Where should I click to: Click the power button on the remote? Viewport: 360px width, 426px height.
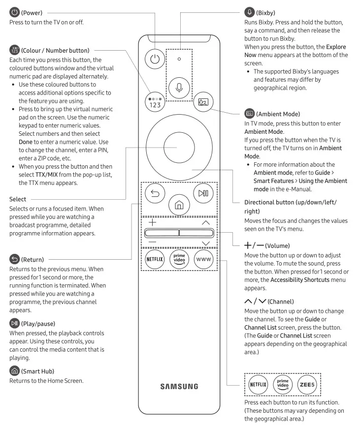[155, 59]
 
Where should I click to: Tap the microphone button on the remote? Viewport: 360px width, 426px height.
[179, 87]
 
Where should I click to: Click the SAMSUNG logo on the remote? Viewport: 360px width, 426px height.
[179, 387]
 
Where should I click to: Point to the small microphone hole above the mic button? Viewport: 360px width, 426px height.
[179, 59]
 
